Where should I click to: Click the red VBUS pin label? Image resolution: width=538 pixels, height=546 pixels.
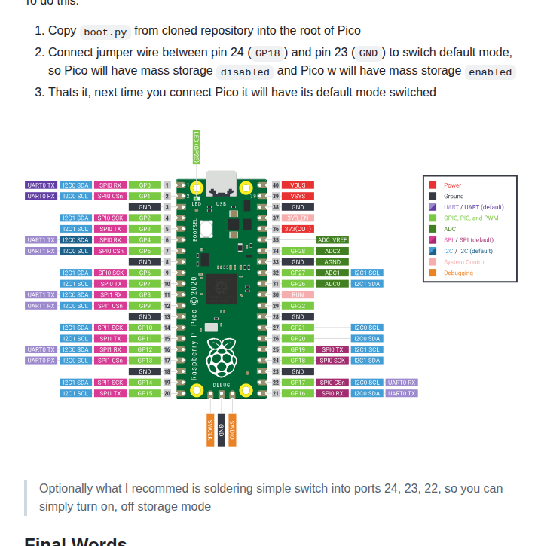coord(298,185)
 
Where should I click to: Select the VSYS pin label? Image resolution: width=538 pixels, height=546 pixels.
coord(298,196)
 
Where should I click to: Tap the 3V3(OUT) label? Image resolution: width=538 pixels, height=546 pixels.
coord(298,229)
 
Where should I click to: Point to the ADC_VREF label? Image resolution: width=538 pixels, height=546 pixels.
coord(332,239)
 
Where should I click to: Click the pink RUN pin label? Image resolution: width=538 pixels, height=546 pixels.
coord(298,294)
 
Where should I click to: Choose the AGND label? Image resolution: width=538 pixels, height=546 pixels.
coord(332,261)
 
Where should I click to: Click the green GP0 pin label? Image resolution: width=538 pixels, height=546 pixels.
coord(145,185)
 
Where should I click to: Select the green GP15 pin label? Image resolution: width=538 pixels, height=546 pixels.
coord(145,393)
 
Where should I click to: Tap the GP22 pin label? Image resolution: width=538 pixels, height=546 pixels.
coord(298,306)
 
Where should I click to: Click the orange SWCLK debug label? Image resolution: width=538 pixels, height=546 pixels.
coord(210,430)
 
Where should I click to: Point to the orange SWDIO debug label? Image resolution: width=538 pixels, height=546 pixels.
coord(232,430)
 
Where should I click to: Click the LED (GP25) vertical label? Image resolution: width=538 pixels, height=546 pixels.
coord(196,146)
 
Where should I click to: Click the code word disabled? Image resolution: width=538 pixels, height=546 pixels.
coord(245,72)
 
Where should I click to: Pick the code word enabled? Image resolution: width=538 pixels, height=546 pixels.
coord(491,72)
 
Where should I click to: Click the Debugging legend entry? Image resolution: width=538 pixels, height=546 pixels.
coord(458,273)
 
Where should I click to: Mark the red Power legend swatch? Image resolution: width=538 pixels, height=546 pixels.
coord(433,185)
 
